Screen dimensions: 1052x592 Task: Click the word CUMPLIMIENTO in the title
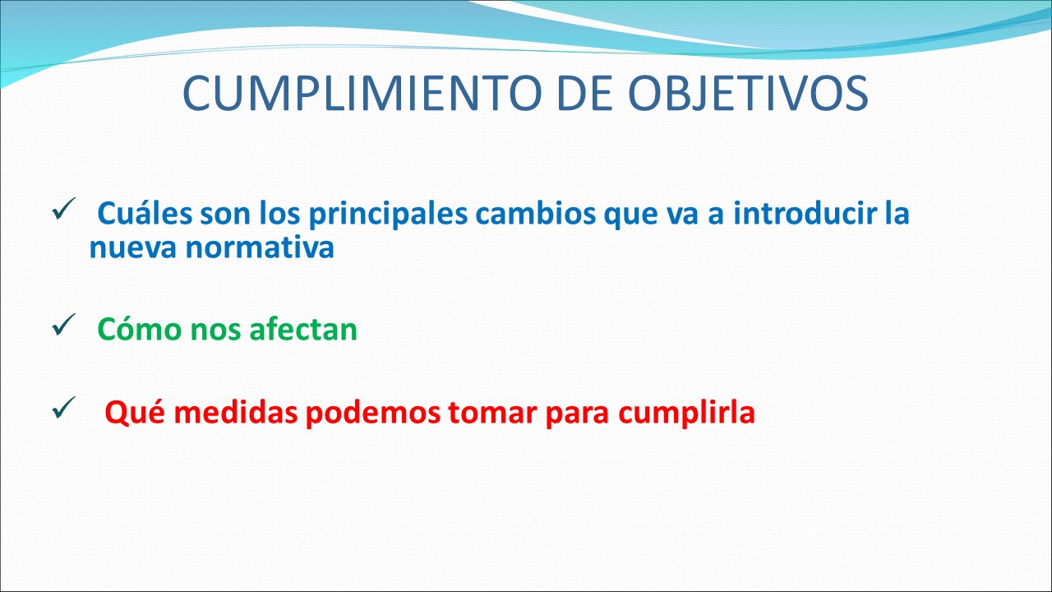[362, 93]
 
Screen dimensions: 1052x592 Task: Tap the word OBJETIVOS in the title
[748, 93]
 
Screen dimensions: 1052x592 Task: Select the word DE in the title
[585, 93]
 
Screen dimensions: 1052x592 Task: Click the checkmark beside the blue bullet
[64, 209]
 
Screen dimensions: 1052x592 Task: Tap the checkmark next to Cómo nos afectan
[64, 325]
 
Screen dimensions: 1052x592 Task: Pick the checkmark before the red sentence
[64, 407]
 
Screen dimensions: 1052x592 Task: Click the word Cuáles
[145, 213]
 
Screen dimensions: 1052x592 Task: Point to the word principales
[388, 216]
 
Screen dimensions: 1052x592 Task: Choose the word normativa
[260, 247]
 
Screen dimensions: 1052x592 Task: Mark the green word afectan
[303, 329]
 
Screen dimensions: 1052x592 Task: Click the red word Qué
[135, 414]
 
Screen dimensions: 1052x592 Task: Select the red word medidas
[236, 413]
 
